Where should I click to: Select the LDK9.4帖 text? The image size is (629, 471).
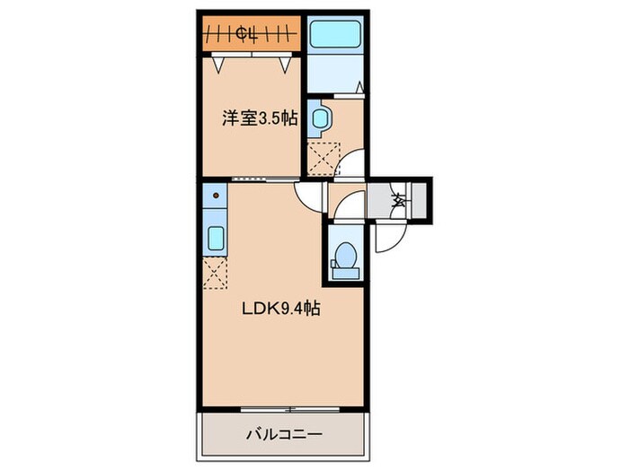tap(280, 309)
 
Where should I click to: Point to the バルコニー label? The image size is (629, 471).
tap(284, 435)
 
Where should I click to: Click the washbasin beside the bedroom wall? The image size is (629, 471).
tap(320, 117)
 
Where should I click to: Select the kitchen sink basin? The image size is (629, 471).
tap(217, 238)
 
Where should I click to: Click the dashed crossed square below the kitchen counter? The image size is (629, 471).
tap(217, 273)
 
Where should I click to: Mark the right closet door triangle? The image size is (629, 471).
tap(285, 65)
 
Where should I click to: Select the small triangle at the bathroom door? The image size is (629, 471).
tap(358, 88)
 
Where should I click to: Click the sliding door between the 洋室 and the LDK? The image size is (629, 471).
tap(264, 179)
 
